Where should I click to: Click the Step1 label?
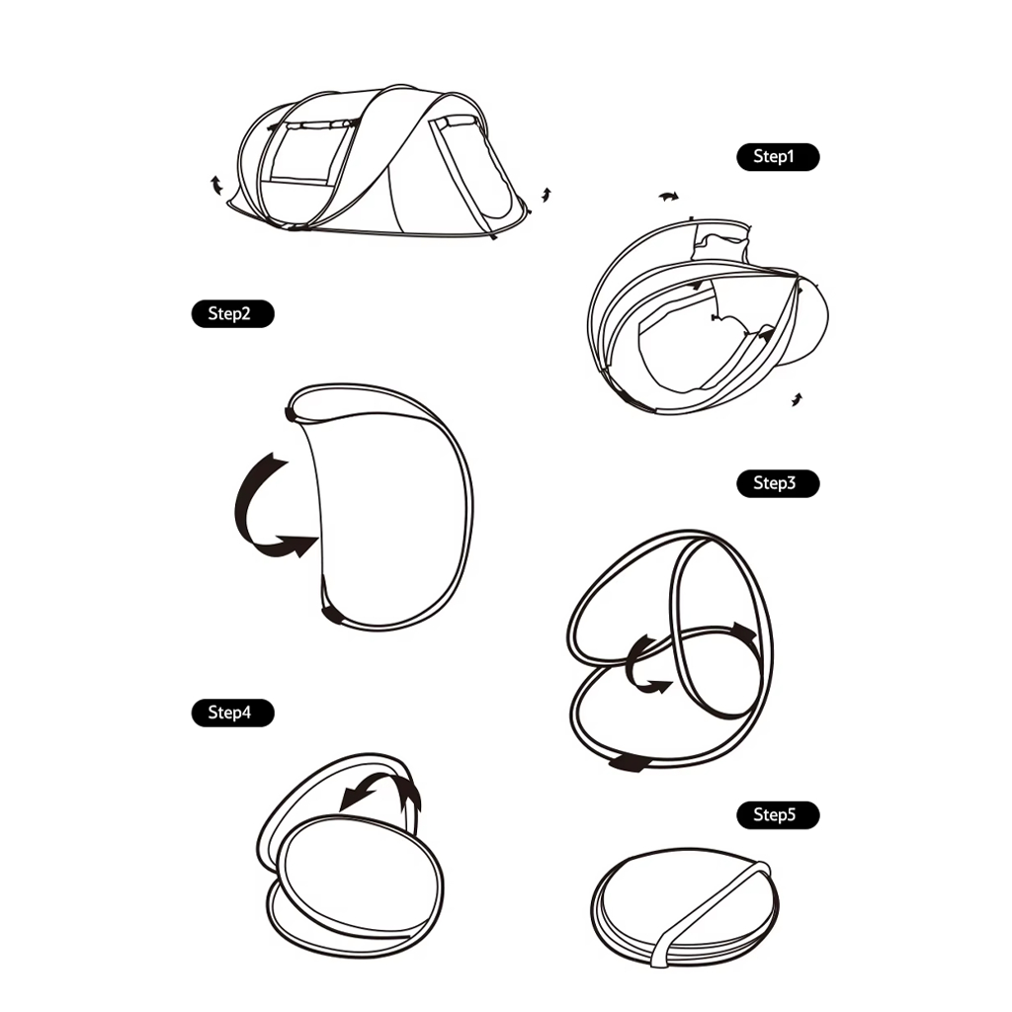(778, 157)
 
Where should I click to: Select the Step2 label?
(233, 313)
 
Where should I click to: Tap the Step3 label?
(778, 483)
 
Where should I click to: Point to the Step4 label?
(233, 713)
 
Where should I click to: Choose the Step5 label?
(778, 815)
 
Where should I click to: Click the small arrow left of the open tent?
(216, 185)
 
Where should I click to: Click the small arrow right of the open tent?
(547, 195)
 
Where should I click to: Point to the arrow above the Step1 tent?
(669, 197)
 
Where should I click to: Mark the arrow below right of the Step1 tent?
(798, 399)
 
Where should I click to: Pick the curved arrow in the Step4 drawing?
(387, 784)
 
